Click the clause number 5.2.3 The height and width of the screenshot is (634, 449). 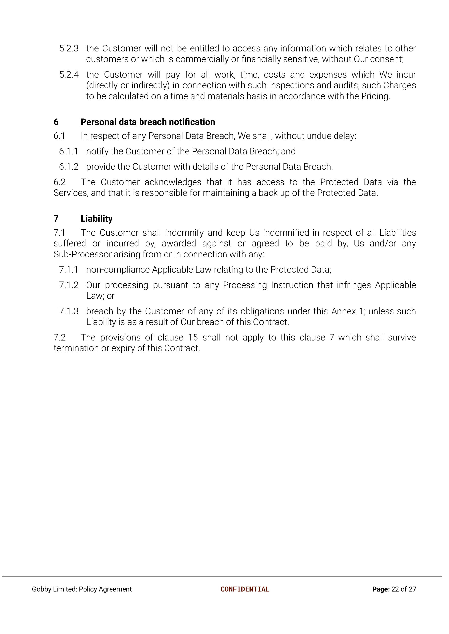[69, 48]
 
